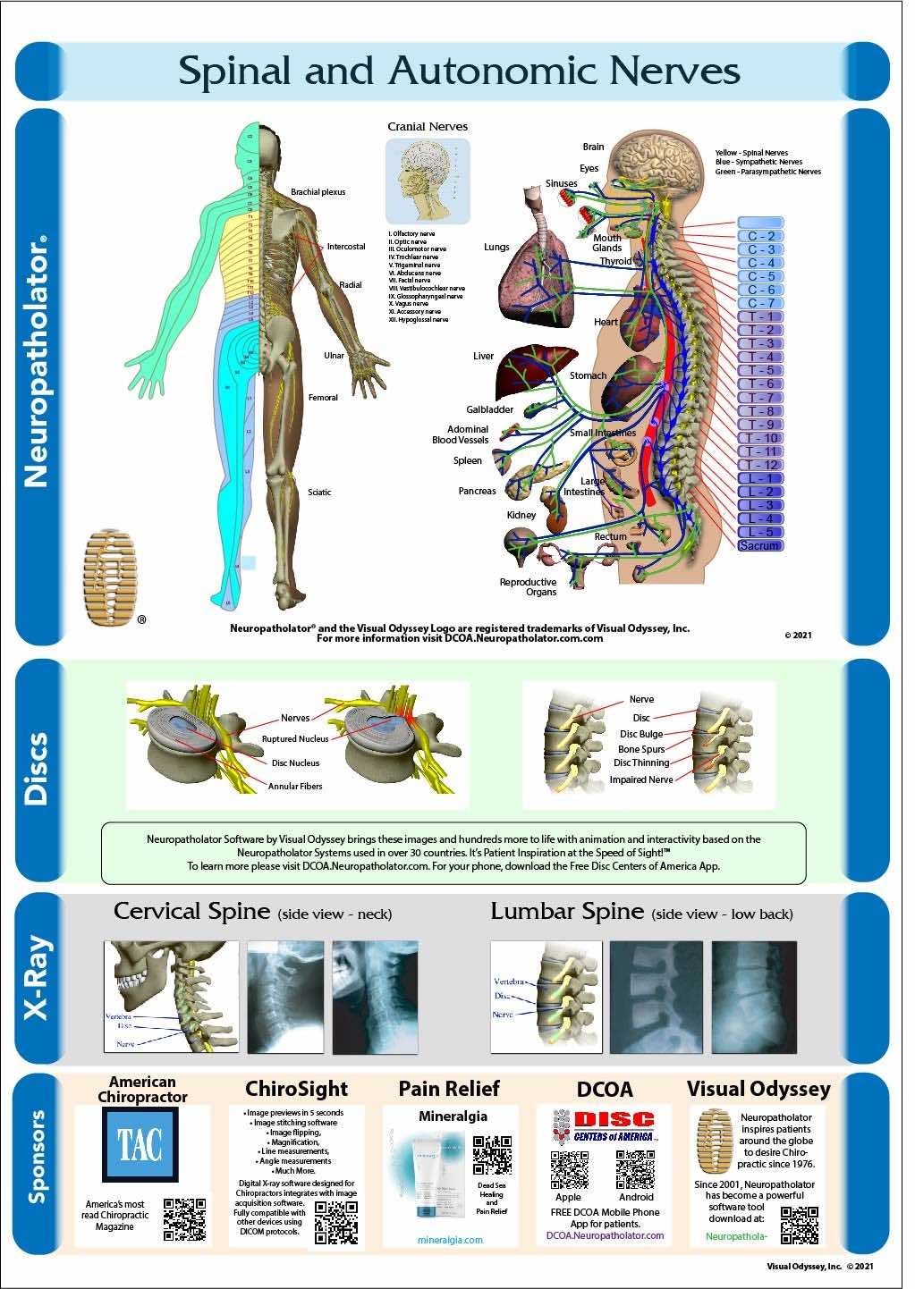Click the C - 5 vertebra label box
pos(760,276)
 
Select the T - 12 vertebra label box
pos(760,465)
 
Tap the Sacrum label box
pos(760,545)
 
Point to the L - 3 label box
pos(760,505)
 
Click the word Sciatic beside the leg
pos(319,493)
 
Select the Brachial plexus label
pos(318,192)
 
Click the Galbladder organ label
pos(489,409)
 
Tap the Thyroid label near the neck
pos(615,261)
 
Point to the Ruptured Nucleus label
pos(295,739)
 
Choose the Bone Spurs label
pos(641,749)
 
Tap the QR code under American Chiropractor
pos(184,1219)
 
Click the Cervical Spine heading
pos(192,912)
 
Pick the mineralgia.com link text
pos(450,1240)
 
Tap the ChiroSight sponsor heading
pos(296,1089)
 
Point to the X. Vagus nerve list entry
pos(409,304)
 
